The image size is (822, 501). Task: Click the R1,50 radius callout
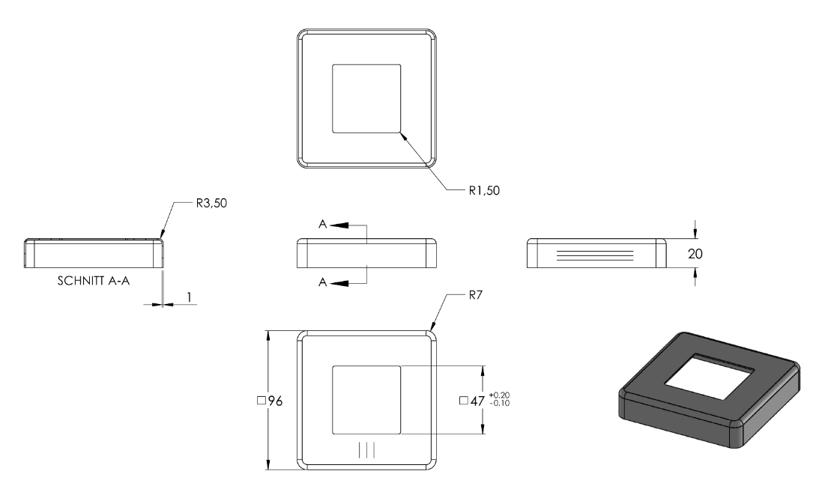[484, 190]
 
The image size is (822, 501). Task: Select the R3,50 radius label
[211, 204]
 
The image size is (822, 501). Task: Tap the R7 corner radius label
[475, 295]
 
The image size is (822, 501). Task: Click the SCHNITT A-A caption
[94, 281]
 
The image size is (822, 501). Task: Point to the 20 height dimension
[695, 254]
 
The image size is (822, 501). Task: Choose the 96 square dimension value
[275, 401]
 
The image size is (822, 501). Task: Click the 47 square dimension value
[477, 401]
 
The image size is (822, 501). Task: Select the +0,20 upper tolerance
[499, 395]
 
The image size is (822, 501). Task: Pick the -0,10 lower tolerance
[499, 403]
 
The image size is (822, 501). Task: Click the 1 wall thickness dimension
[189, 297]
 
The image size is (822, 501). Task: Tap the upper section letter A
[322, 225]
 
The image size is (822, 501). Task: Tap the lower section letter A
[322, 282]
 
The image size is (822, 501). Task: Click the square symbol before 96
[261, 401]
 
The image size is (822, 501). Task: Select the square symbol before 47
[463, 401]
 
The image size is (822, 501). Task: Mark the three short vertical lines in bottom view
[366, 450]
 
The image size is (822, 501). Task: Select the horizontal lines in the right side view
[594, 255]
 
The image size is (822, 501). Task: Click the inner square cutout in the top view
[366, 99]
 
